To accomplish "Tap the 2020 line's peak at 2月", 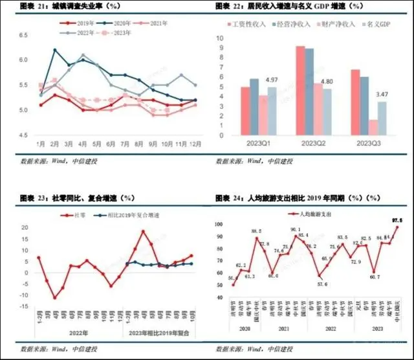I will (x=55, y=50).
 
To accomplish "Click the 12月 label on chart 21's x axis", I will (x=195, y=142).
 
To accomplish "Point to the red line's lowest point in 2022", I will (x=55, y=297).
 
